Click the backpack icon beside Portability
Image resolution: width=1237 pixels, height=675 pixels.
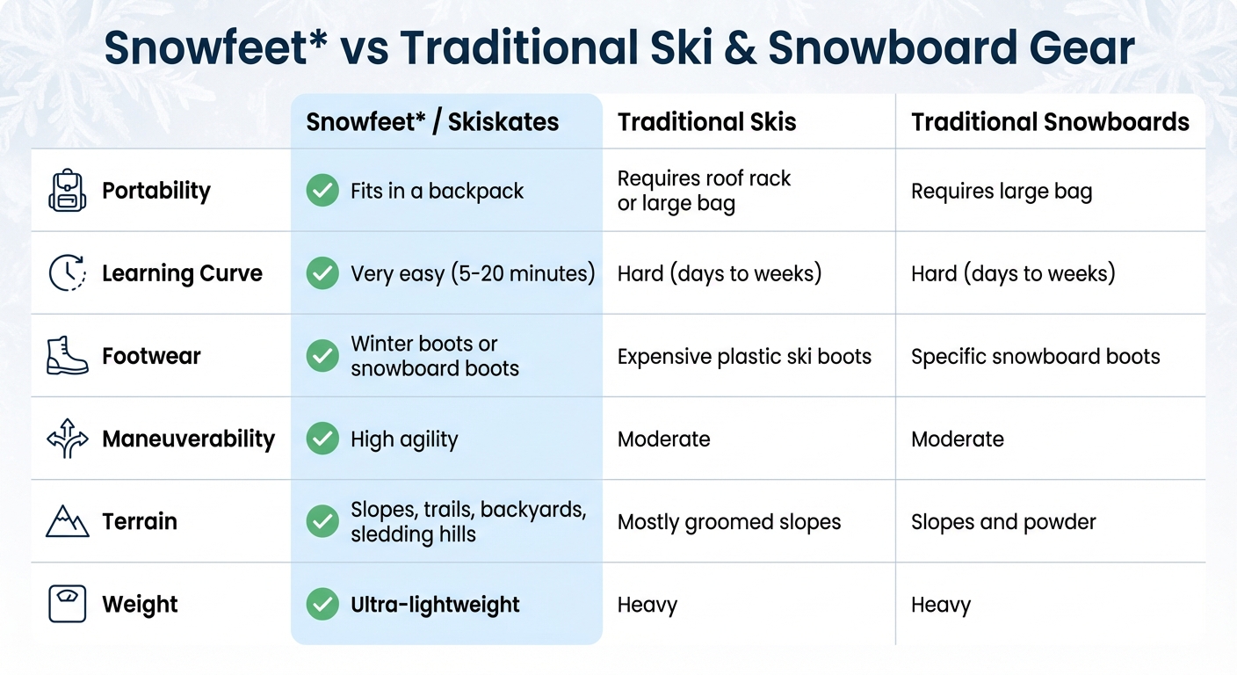(x=68, y=191)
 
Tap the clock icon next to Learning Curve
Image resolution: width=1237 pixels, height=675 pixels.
(x=68, y=273)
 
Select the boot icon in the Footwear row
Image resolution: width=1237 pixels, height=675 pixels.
(x=68, y=356)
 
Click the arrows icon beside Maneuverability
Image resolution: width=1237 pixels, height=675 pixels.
(x=68, y=439)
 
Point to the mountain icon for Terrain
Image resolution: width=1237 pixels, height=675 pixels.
(x=68, y=521)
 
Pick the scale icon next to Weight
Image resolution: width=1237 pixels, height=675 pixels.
(x=68, y=604)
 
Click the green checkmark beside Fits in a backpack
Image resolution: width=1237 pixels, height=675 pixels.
(x=322, y=191)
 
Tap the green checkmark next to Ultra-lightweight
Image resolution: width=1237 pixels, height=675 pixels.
(x=322, y=604)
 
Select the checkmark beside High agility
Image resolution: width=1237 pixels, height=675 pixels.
(x=322, y=439)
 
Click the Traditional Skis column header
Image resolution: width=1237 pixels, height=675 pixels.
(x=706, y=122)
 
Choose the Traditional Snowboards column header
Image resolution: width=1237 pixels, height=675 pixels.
(x=1050, y=122)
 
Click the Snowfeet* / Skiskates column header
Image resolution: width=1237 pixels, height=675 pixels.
(x=432, y=122)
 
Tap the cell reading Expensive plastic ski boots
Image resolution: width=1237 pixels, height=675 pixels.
(x=744, y=356)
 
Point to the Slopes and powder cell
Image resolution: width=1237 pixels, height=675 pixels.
(x=1003, y=521)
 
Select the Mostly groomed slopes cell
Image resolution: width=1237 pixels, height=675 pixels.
(x=729, y=521)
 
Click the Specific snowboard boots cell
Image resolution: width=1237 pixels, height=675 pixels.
(x=1035, y=356)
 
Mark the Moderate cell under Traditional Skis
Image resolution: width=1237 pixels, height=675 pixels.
(x=663, y=439)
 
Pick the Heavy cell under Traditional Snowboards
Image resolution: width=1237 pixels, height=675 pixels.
(x=941, y=604)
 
